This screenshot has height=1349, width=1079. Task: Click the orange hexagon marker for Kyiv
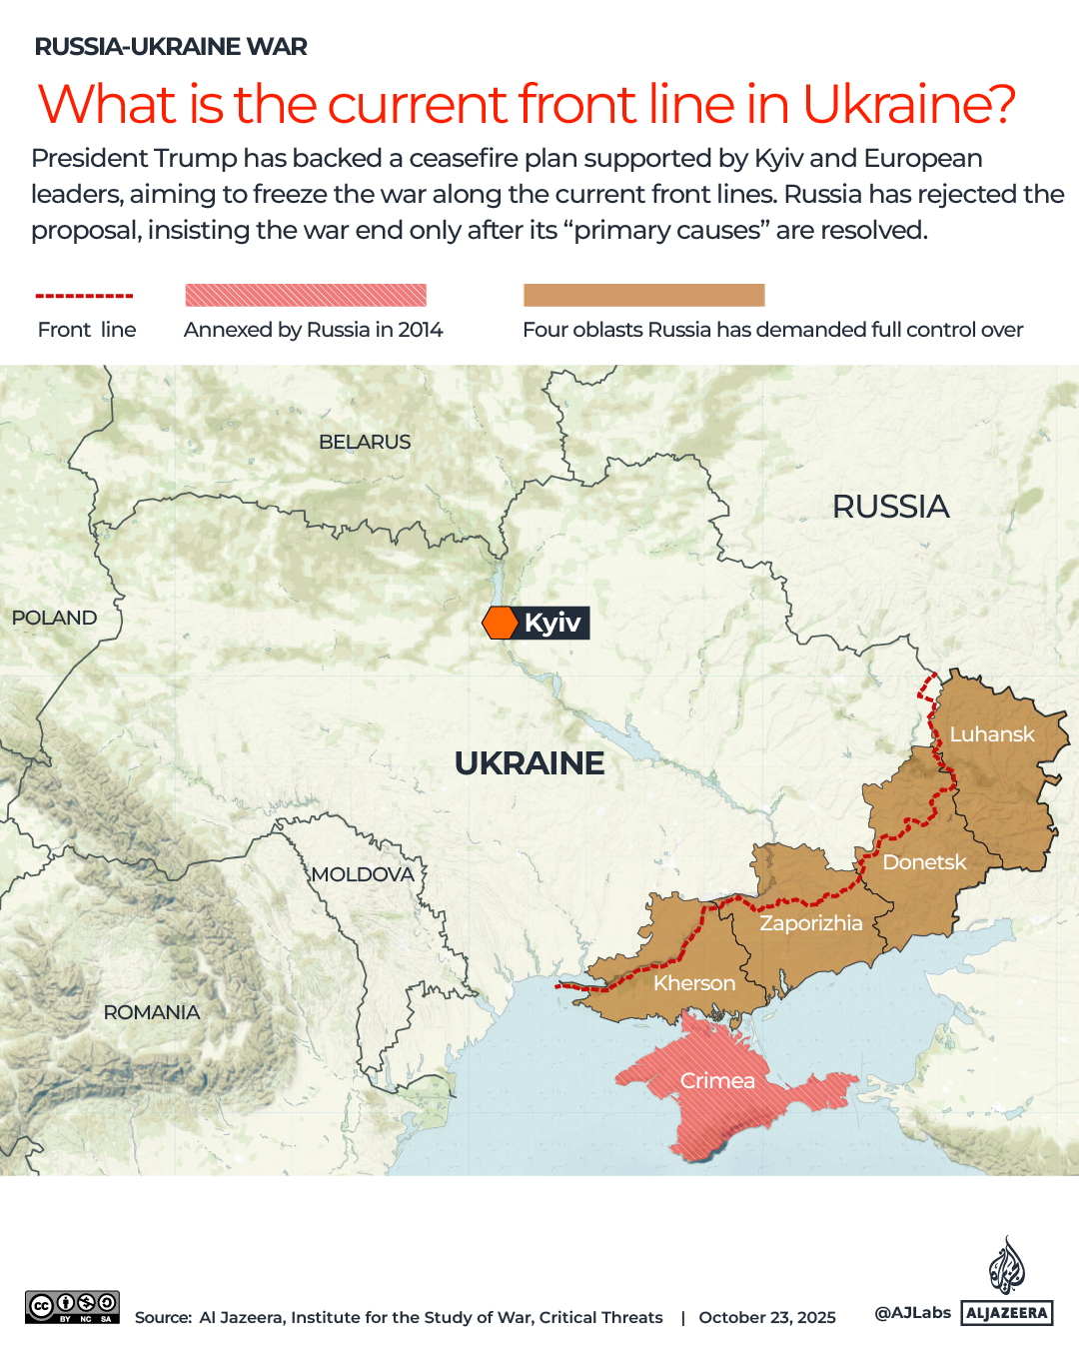pyautogui.click(x=500, y=623)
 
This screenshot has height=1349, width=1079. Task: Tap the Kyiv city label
pyautogui.click(x=551, y=623)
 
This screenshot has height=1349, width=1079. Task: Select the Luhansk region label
pyautogui.click(x=991, y=734)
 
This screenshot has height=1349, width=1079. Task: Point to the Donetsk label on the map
pyautogui.click(x=924, y=862)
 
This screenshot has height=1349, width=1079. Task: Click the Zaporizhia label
pyautogui.click(x=810, y=923)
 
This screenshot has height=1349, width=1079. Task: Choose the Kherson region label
pyautogui.click(x=694, y=983)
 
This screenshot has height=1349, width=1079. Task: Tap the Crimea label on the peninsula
pyautogui.click(x=717, y=1081)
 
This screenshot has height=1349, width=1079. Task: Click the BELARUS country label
pyautogui.click(x=365, y=442)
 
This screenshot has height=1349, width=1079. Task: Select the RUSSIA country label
pyautogui.click(x=890, y=507)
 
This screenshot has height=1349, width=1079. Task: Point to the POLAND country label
pyautogui.click(x=54, y=618)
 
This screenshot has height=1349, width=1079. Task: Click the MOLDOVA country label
pyautogui.click(x=362, y=874)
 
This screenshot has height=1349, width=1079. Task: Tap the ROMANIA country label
pyautogui.click(x=152, y=1012)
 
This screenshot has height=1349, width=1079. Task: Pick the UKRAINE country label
pyautogui.click(x=529, y=763)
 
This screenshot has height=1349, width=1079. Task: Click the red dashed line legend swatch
pyautogui.click(x=84, y=296)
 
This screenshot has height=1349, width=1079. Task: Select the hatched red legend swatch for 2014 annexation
pyautogui.click(x=306, y=295)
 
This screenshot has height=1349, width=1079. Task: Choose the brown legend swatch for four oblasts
pyautogui.click(x=643, y=295)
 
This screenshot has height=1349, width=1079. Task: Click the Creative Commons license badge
pyautogui.click(x=72, y=1306)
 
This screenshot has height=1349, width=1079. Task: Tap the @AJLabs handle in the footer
pyautogui.click(x=912, y=1312)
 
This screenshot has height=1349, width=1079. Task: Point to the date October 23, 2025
pyautogui.click(x=767, y=1317)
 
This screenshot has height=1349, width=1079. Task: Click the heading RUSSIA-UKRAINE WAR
pyautogui.click(x=171, y=47)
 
